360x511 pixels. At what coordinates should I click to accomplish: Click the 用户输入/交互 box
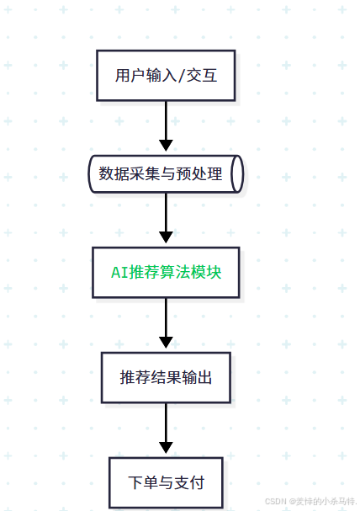(x=166, y=75)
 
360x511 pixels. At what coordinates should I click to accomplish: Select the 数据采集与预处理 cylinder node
(x=166, y=173)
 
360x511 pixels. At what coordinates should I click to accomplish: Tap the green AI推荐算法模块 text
(x=166, y=273)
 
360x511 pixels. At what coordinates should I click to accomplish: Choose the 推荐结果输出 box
(x=166, y=377)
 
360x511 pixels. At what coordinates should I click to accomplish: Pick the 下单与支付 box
(x=166, y=482)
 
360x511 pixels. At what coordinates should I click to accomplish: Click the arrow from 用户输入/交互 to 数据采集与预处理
(x=166, y=122)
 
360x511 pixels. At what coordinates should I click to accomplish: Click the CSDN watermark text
(x=310, y=501)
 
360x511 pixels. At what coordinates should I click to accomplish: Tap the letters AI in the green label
(x=120, y=273)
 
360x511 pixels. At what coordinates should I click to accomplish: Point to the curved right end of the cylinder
(x=237, y=173)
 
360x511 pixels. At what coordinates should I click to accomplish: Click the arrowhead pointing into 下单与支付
(x=166, y=449)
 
